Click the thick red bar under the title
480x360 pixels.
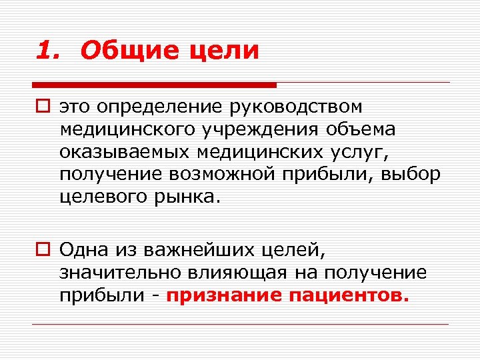click(154, 85)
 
